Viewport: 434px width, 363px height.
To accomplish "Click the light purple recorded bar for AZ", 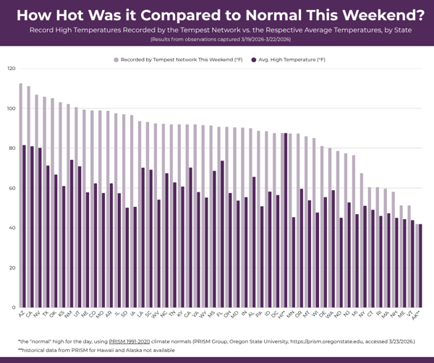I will [20, 195].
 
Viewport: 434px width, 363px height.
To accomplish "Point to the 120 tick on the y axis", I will [11, 69].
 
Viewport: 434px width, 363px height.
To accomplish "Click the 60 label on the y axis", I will [11, 189].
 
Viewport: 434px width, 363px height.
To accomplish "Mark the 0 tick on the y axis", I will [12, 308].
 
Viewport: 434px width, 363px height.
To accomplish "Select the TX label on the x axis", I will [45, 315].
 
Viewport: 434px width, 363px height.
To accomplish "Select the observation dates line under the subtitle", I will [217, 40].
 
